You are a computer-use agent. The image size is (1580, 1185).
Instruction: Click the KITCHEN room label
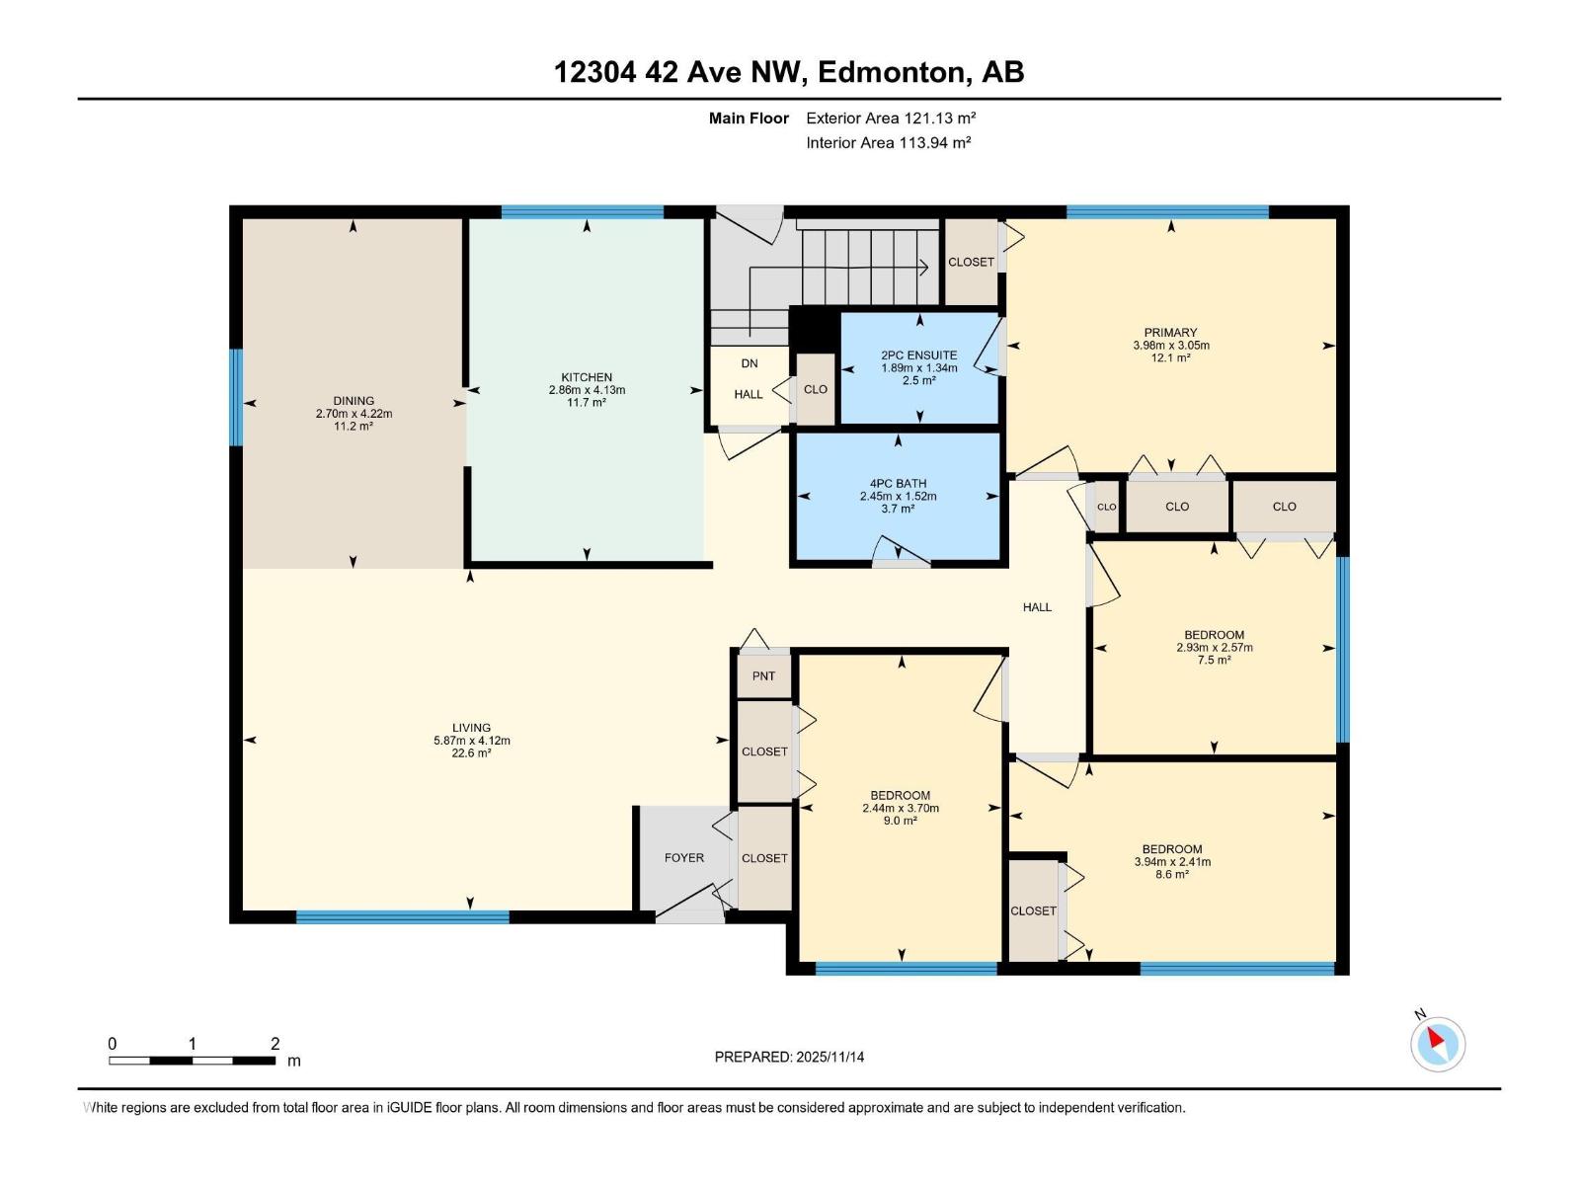[x=587, y=377]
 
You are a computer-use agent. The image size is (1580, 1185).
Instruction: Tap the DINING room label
[x=354, y=401]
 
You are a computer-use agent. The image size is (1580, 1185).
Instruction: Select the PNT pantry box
[x=763, y=676]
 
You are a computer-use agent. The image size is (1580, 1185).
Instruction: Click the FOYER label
[x=683, y=858]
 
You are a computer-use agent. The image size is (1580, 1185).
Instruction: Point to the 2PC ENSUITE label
[x=918, y=355]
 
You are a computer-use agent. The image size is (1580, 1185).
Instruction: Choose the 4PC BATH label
[x=898, y=484]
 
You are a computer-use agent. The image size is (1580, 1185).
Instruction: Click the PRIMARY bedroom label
[x=1170, y=333]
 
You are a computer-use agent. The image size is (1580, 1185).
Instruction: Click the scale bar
[x=193, y=1061]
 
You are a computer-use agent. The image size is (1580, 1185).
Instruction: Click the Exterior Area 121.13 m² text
[x=891, y=118]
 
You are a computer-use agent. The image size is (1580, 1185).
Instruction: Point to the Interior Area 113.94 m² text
[x=888, y=142]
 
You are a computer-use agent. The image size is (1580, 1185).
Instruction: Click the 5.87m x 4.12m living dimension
[x=472, y=741]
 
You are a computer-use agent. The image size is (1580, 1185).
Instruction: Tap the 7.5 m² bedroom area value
[x=1214, y=661]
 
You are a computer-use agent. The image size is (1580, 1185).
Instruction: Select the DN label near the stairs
[x=750, y=363]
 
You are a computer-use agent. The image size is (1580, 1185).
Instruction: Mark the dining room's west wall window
[x=236, y=398]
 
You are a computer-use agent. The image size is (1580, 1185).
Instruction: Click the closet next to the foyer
[x=764, y=858]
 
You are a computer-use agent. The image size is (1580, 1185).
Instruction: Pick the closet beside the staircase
[x=971, y=262]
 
